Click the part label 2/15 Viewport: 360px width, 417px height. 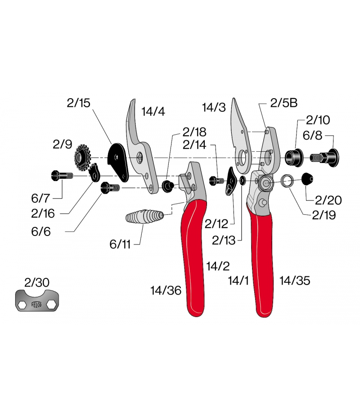tap(78, 103)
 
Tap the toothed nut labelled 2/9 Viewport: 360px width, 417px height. tap(83, 158)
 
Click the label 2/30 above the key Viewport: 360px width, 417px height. tap(37, 283)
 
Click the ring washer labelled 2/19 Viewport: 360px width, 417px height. tap(288, 181)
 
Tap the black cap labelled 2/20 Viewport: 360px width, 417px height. tap(307, 180)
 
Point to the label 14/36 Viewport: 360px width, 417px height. tap(166, 291)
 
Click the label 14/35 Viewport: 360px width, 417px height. tap(295, 281)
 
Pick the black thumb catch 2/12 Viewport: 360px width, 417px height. tap(231, 181)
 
